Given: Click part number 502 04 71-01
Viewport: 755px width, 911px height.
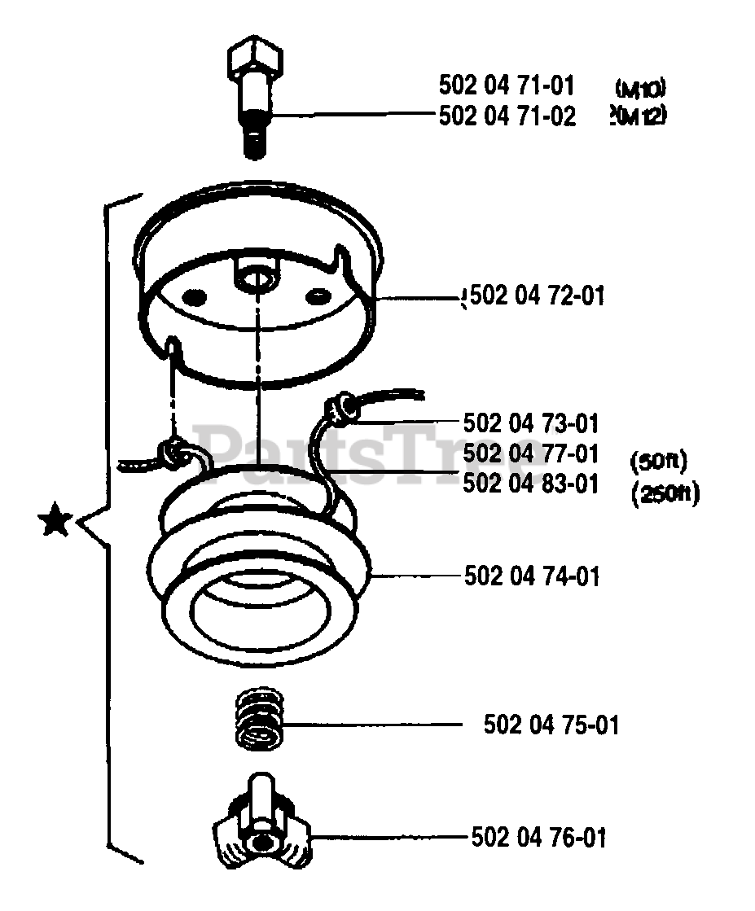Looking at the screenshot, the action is (506, 85).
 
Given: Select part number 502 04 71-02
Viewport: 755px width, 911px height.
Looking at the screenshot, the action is (507, 116).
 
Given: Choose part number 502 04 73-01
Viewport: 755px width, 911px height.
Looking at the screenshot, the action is (530, 423).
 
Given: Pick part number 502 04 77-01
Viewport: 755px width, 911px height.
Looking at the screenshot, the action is (530, 453).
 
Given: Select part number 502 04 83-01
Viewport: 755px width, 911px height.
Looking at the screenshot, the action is (530, 483).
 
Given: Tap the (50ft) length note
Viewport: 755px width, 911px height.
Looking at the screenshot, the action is (659, 462).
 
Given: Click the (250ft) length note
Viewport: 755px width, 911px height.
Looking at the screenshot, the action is (665, 493).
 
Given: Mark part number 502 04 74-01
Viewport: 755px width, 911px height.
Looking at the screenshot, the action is (532, 576).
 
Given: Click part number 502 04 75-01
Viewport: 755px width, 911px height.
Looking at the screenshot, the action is (551, 724).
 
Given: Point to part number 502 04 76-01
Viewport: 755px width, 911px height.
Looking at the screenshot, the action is (538, 837).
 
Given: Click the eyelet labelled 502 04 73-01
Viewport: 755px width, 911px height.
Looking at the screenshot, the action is (340, 408).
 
